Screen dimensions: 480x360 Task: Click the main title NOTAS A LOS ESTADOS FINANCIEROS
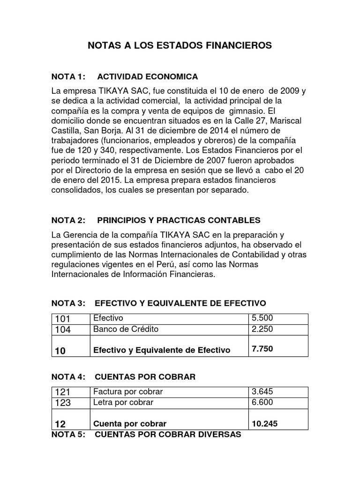click(180, 45)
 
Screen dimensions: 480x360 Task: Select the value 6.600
click(262, 402)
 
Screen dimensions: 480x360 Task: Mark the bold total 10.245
click(264, 423)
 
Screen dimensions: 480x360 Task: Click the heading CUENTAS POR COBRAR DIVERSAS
click(168, 435)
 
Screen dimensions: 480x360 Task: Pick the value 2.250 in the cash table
click(262, 329)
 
